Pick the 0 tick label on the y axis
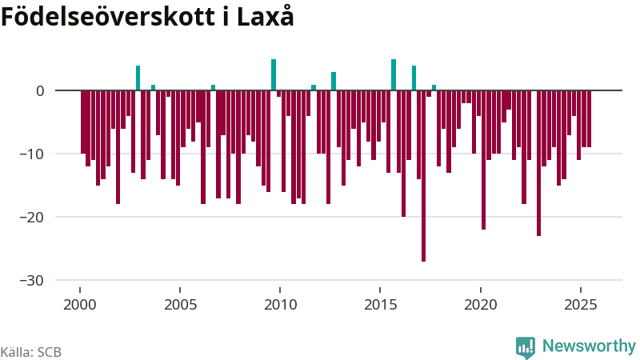point(39,90)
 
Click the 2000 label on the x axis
point(80,305)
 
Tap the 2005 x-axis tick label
point(180,305)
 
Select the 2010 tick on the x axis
point(280,305)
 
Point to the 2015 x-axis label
point(381,305)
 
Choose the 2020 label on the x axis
point(481,305)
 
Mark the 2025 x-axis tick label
point(581,305)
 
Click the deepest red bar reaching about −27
point(423,176)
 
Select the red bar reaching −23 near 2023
point(538,163)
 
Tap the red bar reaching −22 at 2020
point(483,160)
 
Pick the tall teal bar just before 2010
point(274,74)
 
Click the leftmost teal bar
point(138,78)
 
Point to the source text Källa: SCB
point(31,352)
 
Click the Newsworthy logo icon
point(526,346)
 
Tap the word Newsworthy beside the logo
point(589,346)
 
